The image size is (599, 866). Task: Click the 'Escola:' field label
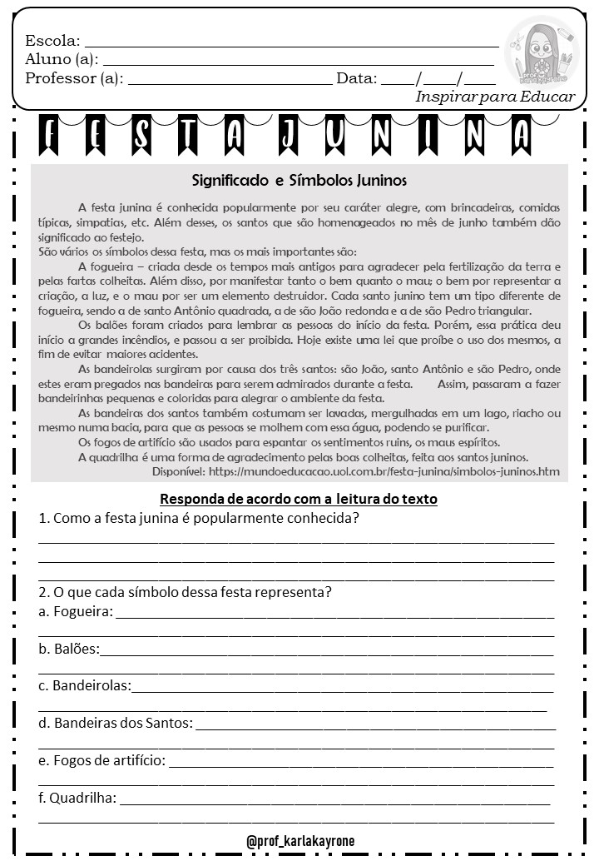52,41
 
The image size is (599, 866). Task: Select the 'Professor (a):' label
74,79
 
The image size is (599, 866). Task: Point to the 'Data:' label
356,79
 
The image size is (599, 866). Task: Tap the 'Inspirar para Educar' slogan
495,97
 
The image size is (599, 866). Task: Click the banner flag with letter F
49,135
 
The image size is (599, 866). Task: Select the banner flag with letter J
288,135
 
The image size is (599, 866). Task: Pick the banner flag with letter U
335,135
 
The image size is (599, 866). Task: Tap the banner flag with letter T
187,135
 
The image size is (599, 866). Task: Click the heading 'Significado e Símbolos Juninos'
299,180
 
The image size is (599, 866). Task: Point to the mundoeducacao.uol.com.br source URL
384,471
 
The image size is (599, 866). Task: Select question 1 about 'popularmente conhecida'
199,518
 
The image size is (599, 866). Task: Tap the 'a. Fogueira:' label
76,612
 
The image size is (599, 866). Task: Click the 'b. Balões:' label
69,649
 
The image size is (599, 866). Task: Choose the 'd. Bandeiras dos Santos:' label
116,723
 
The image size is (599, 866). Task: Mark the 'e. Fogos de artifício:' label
102,760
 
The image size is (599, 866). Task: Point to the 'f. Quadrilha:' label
77,798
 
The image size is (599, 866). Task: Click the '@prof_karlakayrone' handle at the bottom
300,841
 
